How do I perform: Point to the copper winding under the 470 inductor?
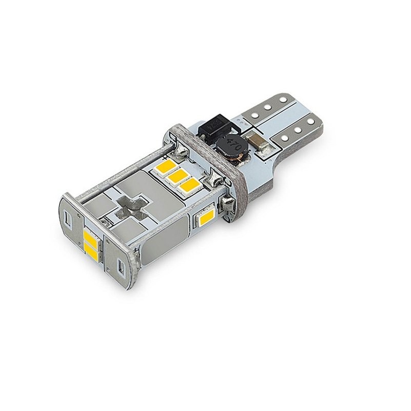pos(235,160)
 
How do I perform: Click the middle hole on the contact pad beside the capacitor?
pos(298,129)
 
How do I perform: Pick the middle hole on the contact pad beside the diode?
pos(268,107)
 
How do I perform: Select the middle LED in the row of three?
pos(179,178)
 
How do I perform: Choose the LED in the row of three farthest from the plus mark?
pos(190,187)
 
